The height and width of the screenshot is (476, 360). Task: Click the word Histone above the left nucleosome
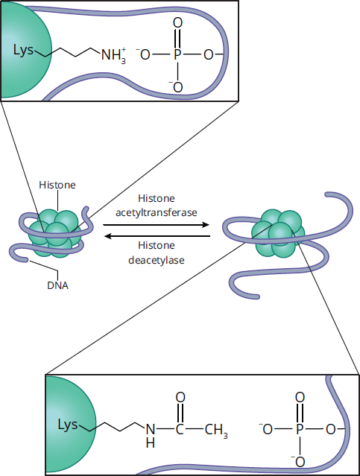coord(57,185)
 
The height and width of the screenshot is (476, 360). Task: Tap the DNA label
coord(57,285)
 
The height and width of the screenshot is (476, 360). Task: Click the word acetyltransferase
coord(157,212)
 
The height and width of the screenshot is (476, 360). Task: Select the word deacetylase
coord(157,260)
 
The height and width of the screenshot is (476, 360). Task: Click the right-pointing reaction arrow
coord(157,225)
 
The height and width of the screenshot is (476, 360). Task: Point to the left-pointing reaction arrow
coord(157,236)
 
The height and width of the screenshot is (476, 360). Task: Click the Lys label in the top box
coord(23,50)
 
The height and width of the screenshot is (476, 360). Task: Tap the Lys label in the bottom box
coord(68,425)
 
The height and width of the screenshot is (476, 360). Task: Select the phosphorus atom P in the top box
coord(177,54)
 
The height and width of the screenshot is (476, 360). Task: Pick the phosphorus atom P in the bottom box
coord(300,429)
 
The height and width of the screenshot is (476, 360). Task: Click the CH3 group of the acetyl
coord(216,430)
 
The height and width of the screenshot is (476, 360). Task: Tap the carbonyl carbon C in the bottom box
coord(180,429)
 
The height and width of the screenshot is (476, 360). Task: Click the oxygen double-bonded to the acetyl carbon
coord(180,397)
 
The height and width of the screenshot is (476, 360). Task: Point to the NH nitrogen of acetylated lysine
coord(151,429)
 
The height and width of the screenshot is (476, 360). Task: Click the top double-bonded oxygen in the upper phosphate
coord(177,23)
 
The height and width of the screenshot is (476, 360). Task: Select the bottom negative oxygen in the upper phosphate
coord(177,87)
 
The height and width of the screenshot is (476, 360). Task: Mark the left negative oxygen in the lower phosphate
coord(266,429)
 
